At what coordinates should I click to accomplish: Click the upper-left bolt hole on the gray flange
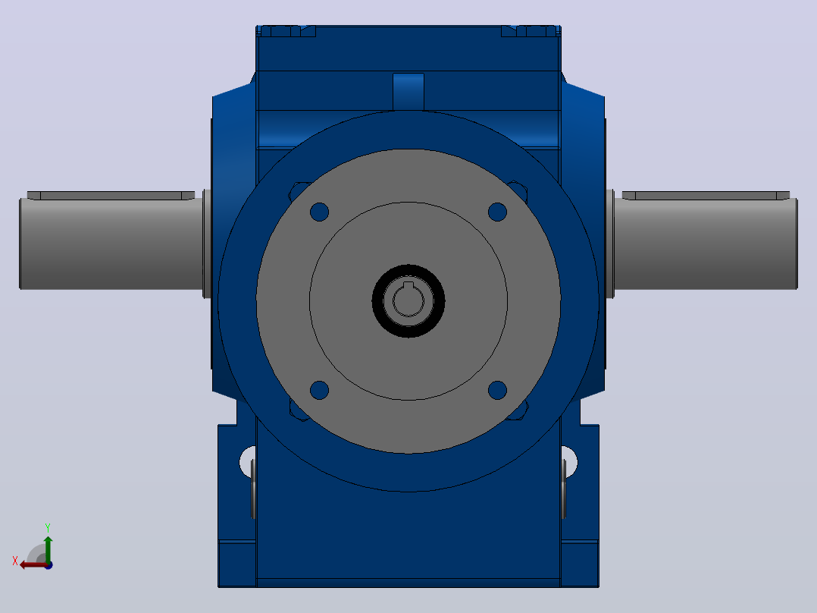pyautogui.click(x=319, y=212)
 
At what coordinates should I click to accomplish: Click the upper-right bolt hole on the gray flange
pyautogui.click(x=498, y=212)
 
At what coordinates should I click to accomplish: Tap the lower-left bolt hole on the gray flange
pyautogui.click(x=319, y=390)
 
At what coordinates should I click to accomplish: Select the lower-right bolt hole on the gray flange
pyautogui.click(x=498, y=390)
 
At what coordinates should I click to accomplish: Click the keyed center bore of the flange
pyautogui.click(x=409, y=300)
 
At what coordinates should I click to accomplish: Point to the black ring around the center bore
pyautogui.click(x=376, y=301)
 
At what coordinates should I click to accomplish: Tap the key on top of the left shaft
pyautogui.click(x=111, y=196)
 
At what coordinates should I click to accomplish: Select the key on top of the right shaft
pyautogui.click(x=706, y=196)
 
